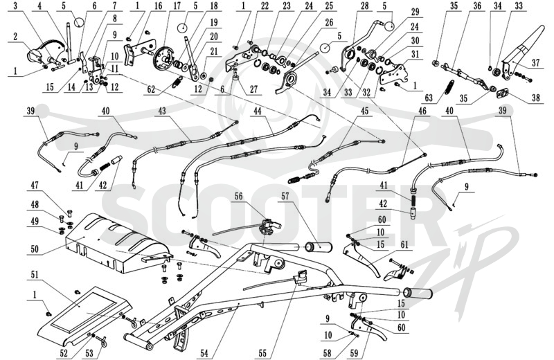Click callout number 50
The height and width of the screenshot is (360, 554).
(35, 249)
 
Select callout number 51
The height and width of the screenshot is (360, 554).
(35, 275)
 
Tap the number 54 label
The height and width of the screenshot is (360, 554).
(204, 352)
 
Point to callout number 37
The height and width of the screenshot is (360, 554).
(536, 63)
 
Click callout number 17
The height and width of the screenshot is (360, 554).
(177, 6)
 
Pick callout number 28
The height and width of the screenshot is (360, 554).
(365, 6)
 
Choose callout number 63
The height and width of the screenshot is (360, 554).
(429, 98)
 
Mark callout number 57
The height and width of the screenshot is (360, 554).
(285, 196)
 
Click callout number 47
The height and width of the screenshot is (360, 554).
(35, 185)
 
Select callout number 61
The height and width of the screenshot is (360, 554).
(404, 245)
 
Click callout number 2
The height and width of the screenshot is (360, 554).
(16, 37)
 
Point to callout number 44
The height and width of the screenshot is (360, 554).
(258, 111)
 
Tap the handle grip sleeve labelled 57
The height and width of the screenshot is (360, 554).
(319, 246)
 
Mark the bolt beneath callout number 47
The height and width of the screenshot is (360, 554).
(69, 213)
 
